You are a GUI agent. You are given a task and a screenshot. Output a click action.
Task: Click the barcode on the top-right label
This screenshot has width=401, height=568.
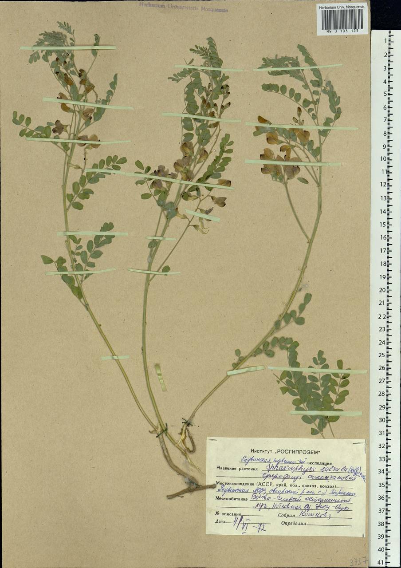tap(342, 19)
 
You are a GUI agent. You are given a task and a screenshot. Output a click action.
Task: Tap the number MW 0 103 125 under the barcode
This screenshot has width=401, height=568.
tap(342, 32)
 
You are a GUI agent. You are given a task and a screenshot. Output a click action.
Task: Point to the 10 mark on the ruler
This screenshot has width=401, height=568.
tap(381, 159)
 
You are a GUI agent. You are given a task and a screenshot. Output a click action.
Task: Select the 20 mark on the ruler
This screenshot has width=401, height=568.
tap(381, 289)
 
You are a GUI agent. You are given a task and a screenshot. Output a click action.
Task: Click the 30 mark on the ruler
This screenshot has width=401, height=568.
tap(381, 420)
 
